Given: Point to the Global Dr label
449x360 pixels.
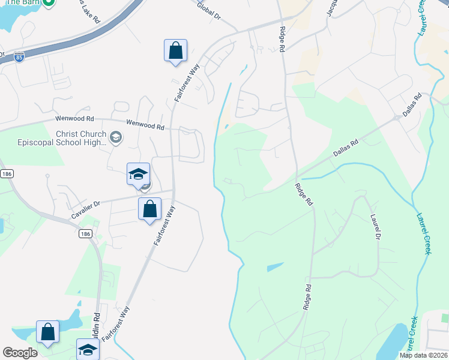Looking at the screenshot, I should (x=209, y=11).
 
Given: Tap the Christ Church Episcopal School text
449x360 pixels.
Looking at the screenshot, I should (x=81, y=139).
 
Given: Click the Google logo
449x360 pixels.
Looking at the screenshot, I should (x=20, y=353).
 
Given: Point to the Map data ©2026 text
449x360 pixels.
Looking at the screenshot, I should (x=424, y=355).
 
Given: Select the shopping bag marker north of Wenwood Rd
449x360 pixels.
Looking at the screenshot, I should (x=175, y=50).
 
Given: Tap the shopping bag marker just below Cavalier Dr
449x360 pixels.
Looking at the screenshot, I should (x=150, y=209).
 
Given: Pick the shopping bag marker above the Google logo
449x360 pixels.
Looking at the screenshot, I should (x=48, y=332).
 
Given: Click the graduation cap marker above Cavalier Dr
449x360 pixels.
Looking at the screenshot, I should (x=138, y=175).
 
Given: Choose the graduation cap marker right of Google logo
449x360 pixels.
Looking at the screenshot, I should (x=88, y=349).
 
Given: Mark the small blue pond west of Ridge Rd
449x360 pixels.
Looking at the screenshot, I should (x=274, y=266).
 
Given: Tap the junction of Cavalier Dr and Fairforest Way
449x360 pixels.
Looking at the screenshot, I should (x=173, y=192).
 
